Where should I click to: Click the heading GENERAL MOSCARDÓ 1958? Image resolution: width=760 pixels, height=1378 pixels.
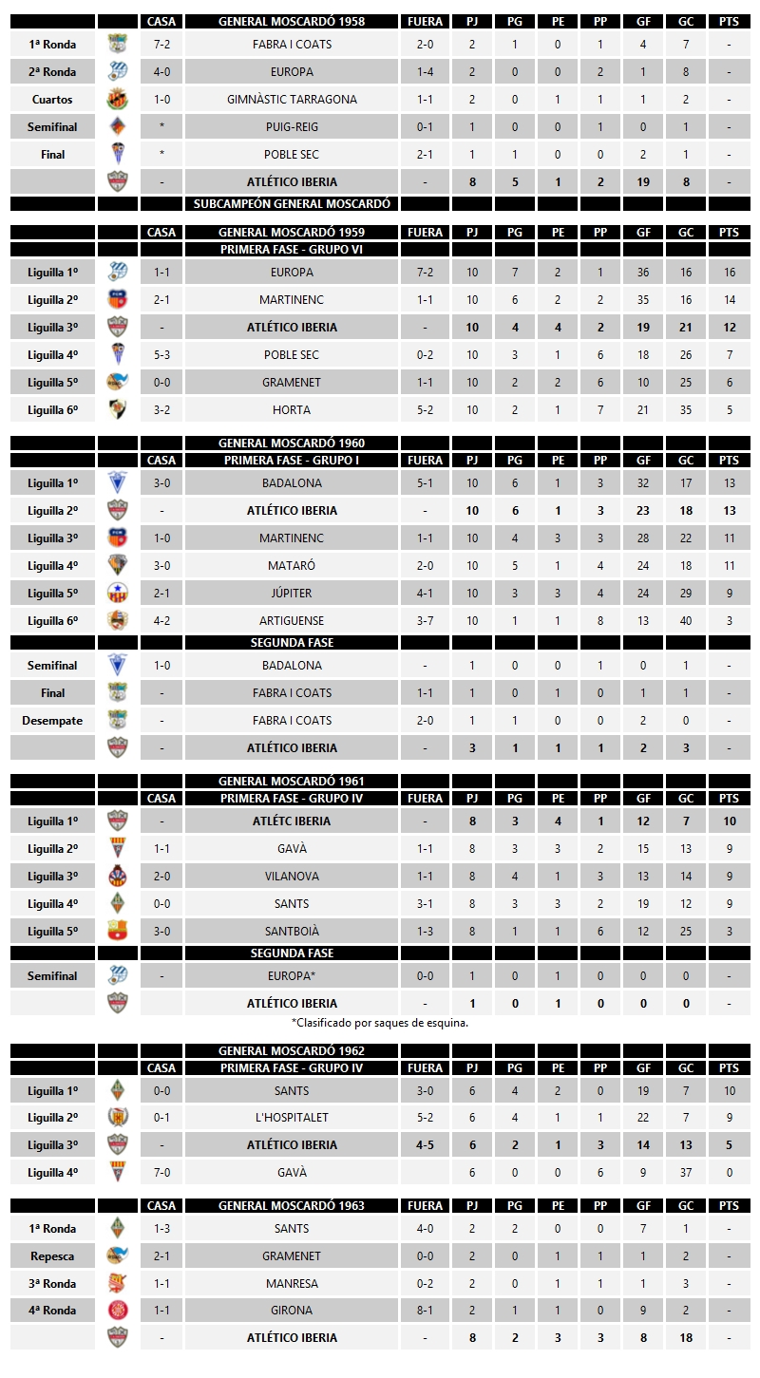(x=292, y=21)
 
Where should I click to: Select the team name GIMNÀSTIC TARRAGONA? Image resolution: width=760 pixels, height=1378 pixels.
(x=292, y=100)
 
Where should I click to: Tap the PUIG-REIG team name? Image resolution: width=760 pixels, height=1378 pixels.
(x=292, y=127)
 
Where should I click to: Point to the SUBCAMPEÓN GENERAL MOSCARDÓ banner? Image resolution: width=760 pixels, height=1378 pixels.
(x=292, y=203)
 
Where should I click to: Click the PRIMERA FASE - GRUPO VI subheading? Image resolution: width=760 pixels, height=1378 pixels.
(x=292, y=250)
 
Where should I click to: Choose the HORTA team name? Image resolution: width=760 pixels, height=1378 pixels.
(x=292, y=410)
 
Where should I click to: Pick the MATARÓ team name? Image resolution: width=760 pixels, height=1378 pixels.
(x=292, y=566)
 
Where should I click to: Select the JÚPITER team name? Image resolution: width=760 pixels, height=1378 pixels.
(x=292, y=594)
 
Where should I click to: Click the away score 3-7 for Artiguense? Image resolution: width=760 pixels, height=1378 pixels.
(x=425, y=621)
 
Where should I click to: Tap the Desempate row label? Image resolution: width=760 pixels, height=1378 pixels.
(x=52, y=721)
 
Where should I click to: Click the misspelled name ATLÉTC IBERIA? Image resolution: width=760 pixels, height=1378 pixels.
(x=292, y=821)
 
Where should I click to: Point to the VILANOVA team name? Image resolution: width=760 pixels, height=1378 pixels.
(x=292, y=877)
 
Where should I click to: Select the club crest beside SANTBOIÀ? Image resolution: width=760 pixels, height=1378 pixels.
(x=118, y=932)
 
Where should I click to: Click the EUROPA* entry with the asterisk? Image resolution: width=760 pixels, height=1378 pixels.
(x=292, y=976)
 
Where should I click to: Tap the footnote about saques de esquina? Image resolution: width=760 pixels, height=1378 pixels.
(x=380, y=1024)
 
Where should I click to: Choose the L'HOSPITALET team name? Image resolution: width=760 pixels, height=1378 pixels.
(x=292, y=1118)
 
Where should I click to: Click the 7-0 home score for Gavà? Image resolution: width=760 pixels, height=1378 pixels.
(x=162, y=1173)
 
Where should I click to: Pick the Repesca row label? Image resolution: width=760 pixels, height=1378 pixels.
(x=52, y=1256)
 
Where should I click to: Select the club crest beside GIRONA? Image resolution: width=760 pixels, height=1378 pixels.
(x=118, y=1311)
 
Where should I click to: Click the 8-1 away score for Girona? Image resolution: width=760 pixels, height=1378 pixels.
(x=425, y=1311)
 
